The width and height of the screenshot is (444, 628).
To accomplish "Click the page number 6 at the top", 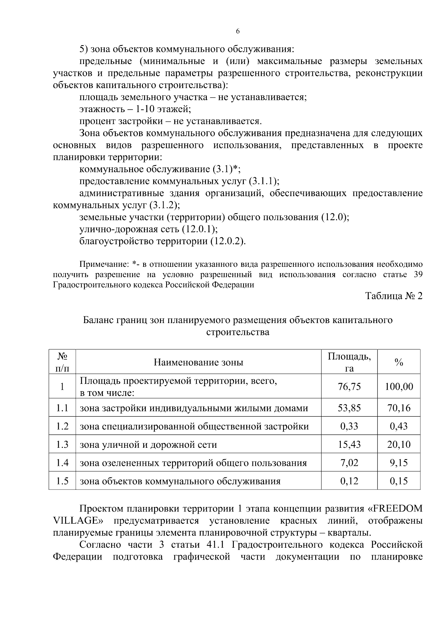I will click(238, 31).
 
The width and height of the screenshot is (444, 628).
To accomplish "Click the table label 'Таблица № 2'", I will click(394, 296).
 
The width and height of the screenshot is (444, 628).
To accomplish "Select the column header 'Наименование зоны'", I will click(198, 362).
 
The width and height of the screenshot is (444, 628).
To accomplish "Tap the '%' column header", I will click(398, 362).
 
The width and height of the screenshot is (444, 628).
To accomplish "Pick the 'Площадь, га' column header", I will click(349, 362).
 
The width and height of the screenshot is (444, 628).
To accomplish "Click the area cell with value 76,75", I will click(349, 387).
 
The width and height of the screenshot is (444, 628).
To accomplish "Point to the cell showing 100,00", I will click(398, 387).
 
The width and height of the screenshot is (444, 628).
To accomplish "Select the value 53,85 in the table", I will click(349, 408).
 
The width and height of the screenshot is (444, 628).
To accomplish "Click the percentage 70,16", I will click(398, 408).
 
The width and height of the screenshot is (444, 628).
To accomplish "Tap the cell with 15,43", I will click(349, 444).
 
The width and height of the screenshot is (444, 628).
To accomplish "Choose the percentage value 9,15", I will click(398, 463).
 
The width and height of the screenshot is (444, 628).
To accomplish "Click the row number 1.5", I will click(62, 481).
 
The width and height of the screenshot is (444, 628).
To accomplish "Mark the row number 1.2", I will click(62, 426).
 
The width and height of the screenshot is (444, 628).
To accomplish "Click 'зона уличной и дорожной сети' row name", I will click(148, 445).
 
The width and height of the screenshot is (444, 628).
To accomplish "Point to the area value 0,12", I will click(349, 481).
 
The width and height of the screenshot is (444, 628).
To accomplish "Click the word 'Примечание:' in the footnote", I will click(102, 265).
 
